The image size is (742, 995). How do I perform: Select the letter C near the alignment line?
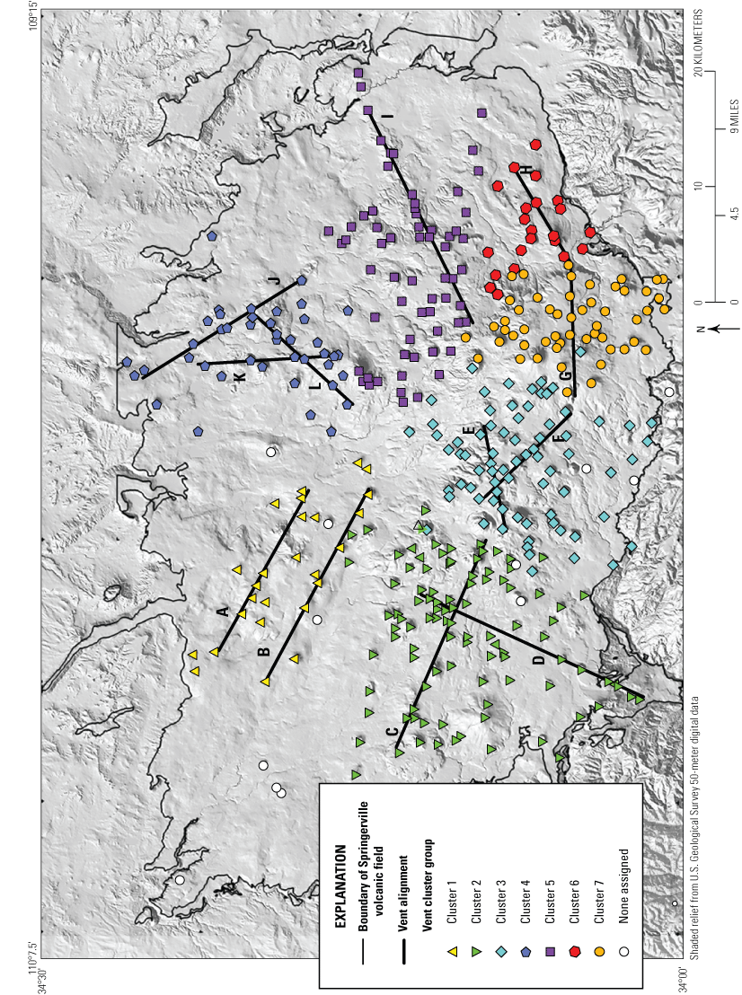tap(392, 732)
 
